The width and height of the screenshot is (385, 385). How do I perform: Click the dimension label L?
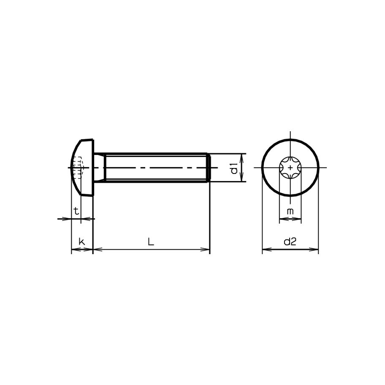tap(151, 242)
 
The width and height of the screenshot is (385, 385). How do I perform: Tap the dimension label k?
tap(82, 242)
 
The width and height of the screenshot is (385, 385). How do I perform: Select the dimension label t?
tap(76, 211)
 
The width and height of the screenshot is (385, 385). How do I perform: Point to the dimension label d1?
tap(234, 168)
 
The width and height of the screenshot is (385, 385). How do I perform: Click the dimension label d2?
tap(290, 242)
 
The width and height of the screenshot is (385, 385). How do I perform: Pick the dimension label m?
tap(290, 211)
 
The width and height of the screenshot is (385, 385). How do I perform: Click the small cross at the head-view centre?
tap(290, 168)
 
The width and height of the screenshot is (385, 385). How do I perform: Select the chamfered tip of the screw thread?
tap(208, 168)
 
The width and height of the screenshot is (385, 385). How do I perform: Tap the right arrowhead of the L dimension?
tap(207, 249)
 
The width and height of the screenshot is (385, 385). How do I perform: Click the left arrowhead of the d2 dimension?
tap(266, 249)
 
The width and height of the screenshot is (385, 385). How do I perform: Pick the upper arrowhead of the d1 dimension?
tap(242, 156)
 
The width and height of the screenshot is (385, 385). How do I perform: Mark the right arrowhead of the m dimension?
tap(299, 219)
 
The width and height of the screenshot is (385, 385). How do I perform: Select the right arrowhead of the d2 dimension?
tap(315, 249)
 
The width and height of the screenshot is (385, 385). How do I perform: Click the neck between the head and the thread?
tap(99, 168)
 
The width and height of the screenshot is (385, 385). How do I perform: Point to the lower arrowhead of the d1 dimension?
tap(242, 179)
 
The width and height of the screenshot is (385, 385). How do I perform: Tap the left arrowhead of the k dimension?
tap(74, 249)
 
